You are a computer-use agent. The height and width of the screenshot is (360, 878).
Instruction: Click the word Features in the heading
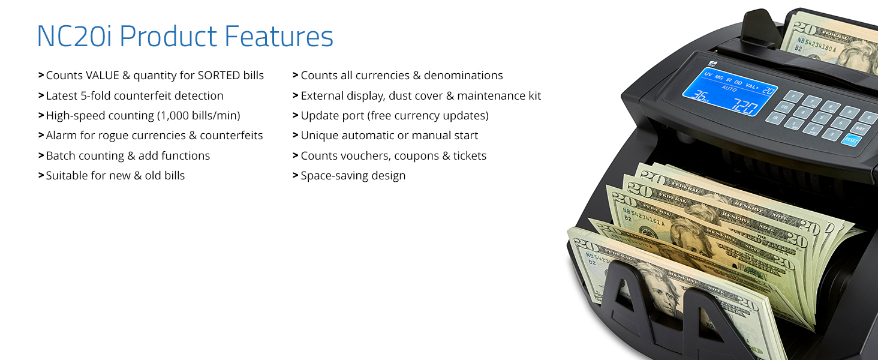tap(279, 36)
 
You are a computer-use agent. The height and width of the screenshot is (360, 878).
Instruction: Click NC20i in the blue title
tap(74, 36)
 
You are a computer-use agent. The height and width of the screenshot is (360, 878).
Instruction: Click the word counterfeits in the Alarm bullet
tap(231, 135)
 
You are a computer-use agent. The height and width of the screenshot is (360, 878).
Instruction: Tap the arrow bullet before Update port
tap(296, 115)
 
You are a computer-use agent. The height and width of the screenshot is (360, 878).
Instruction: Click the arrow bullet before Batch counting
tap(41, 155)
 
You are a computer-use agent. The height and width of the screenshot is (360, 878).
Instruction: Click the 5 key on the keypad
tap(822, 118)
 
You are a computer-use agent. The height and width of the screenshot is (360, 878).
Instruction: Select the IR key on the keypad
tap(775, 118)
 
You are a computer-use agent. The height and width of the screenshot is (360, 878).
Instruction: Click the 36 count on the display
tap(697, 95)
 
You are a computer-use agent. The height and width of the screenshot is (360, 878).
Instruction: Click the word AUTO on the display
tap(729, 89)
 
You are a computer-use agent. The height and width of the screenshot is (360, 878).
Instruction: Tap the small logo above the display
tap(712, 63)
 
